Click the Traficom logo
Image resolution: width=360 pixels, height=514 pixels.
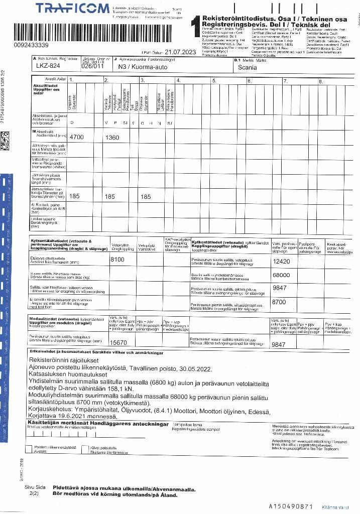point(72,8)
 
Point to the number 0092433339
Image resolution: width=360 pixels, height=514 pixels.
point(25,45)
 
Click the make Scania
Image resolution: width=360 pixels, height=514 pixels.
point(247,66)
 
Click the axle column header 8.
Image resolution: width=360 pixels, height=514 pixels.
point(321,80)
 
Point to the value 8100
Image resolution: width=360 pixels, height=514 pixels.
point(117,259)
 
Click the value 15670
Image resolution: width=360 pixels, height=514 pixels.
point(119,342)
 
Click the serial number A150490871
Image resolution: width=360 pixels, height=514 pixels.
point(291,506)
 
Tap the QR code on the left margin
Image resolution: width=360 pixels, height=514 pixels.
point(5,138)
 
